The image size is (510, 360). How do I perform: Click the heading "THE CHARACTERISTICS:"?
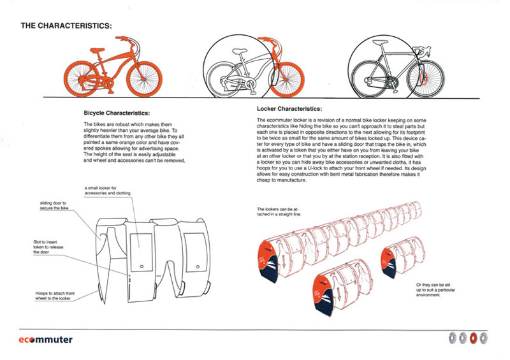coord(66,26)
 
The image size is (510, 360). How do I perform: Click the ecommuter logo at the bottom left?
coord(46,340)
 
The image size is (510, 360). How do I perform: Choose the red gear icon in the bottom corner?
coord(473,338)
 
